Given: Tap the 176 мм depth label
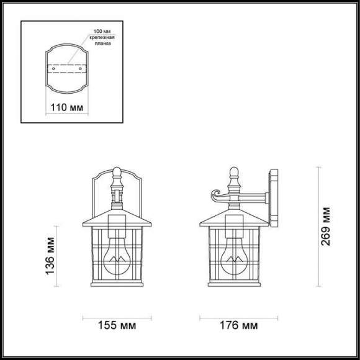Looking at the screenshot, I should tap(237, 325).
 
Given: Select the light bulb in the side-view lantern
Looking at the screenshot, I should tap(236, 257).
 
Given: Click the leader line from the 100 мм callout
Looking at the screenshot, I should tap(75, 55).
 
